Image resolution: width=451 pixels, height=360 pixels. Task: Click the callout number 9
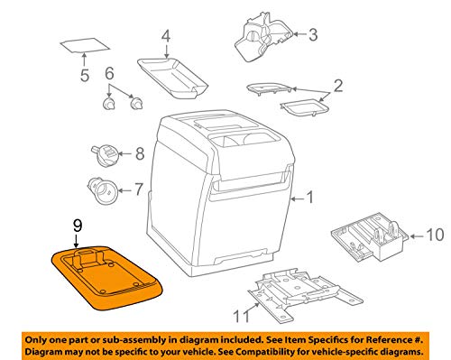pyautogui.click(x=78, y=226)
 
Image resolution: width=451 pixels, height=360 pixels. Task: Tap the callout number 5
pyautogui.click(x=85, y=75)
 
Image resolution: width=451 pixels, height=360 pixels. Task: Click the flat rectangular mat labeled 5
pyautogui.click(x=85, y=45)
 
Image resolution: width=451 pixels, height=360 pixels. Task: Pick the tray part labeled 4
pyautogui.click(x=173, y=78)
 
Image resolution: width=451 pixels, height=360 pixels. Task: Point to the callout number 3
pyautogui.click(x=313, y=35)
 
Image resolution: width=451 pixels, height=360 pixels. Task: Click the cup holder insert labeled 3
pyautogui.click(x=262, y=39)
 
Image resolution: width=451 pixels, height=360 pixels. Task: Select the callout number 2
pyautogui.click(x=338, y=86)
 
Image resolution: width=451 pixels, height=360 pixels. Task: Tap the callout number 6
pyautogui.click(x=109, y=73)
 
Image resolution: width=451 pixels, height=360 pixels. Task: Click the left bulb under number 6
pyautogui.click(x=108, y=104)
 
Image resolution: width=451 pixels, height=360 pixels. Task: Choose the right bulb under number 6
pyautogui.click(x=136, y=104)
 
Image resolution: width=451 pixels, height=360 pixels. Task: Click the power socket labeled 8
pyautogui.click(x=104, y=154)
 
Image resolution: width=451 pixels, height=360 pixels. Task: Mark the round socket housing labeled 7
pyautogui.click(x=102, y=190)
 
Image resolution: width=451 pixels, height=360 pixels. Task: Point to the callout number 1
pyautogui.click(x=309, y=198)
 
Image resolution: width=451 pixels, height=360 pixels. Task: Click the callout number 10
pyautogui.click(x=435, y=235)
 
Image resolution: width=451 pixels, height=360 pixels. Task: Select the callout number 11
pyautogui.click(x=242, y=316)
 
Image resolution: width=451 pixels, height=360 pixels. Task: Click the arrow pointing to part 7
pyautogui.click(x=125, y=190)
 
